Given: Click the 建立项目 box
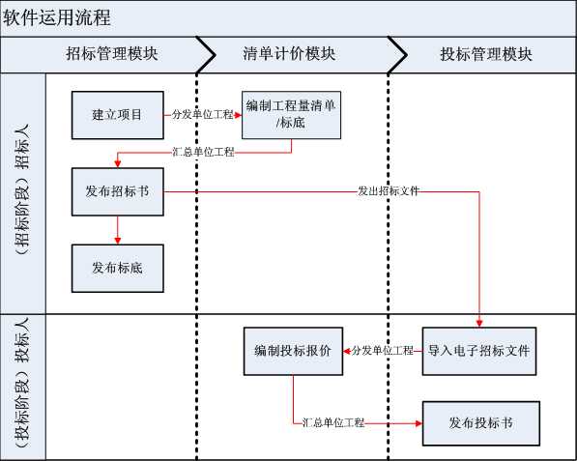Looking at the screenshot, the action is click(x=118, y=115).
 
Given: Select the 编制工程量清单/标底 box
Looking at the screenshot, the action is click(x=291, y=115).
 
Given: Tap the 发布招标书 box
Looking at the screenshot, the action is click(x=118, y=191).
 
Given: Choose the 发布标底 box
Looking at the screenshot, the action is click(x=118, y=269).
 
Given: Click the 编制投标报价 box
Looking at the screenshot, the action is click(x=293, y=352).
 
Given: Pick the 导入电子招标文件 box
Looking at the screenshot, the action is click(x=479, y=352).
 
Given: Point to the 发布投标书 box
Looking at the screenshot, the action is click(x=481, y=423).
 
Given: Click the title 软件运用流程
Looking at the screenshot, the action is click(x=57, y=17).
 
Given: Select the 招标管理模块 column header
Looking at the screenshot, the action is click(x=112, y=54).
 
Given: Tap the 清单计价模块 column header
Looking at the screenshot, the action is click(x=289, y=54).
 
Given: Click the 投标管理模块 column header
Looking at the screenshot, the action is click(x=486, y=54).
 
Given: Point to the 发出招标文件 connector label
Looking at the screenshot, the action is click(x=389, y=191).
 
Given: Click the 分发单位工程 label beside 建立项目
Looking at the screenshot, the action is click(x=202, y=114).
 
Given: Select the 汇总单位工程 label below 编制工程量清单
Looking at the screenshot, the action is click(x=203, y=152).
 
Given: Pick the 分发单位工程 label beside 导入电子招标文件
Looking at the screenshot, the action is click(x=383, y=351).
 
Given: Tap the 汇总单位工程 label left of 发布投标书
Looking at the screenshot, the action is click(x=333, y=422).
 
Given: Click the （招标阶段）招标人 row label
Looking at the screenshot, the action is click(x=23, y=189).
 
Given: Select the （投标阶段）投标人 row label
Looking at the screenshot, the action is click(x=23, y=384).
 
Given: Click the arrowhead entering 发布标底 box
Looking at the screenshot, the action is click(x=118, y=241).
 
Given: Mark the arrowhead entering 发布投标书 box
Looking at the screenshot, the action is click(x=418, y=423).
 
